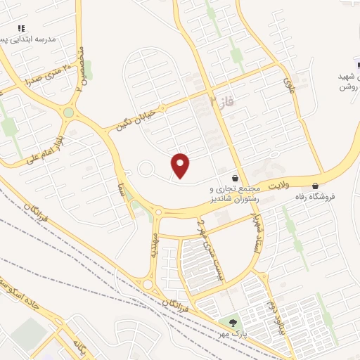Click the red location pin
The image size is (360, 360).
[181, 165]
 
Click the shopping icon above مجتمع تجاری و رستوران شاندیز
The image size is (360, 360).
[234, 178]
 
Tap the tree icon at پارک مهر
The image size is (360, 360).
[230, 322]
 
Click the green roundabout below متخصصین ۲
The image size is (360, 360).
[68, 112]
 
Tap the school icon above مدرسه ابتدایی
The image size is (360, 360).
[21, 29]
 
